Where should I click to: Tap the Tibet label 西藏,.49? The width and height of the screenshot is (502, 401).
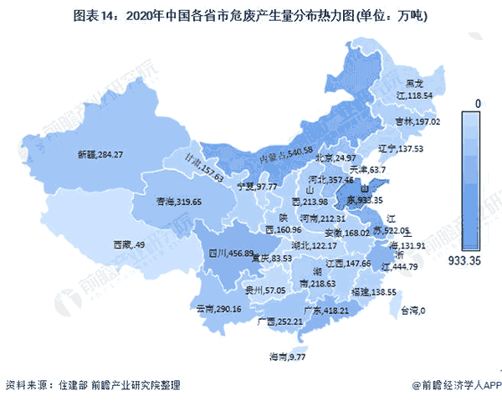[x=129, y=245]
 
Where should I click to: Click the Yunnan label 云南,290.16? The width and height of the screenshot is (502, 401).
[x=218, y=309]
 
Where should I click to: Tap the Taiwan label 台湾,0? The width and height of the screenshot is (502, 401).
[x=410, y=311]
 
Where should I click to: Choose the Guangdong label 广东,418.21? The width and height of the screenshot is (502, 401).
[x=327, y=309]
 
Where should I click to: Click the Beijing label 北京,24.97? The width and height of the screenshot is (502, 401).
[x=334, y=157]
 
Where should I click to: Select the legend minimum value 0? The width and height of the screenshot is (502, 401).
[x=477, y=102]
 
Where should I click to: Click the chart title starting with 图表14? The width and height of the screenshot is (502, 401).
[x=251, y=15]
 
